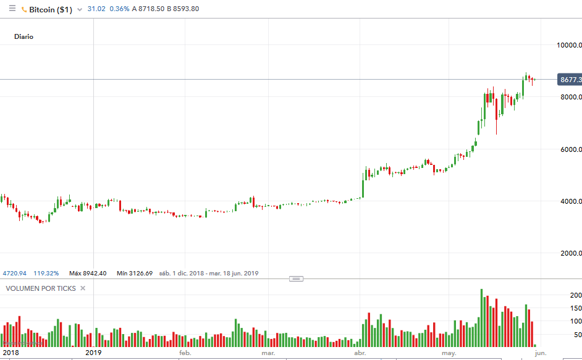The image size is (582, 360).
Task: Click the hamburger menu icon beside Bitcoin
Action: (12, 9)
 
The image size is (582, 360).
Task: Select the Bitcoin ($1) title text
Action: (50, 10)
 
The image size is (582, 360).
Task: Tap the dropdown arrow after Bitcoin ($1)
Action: (80, 10)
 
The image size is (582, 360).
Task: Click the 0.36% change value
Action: (119, 9)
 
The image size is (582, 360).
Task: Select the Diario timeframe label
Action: (24, 36)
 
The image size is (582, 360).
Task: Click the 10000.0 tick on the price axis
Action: (568, 45)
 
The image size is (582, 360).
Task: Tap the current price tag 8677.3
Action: (569, 80)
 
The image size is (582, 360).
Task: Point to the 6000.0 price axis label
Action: (568, 149)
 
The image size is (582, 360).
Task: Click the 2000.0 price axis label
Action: (568, 253)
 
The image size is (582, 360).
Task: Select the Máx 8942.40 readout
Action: (88, 273)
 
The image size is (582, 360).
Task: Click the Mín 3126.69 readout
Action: (134, 273)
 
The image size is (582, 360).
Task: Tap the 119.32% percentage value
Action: (46, 273)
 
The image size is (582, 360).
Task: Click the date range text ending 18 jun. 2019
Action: (209, 273)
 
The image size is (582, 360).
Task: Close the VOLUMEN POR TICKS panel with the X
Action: (83, 288)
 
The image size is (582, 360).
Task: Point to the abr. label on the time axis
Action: (359, 354)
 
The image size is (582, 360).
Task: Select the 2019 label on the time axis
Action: (93, 353)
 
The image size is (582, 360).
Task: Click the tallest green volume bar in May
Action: (481, 317)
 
